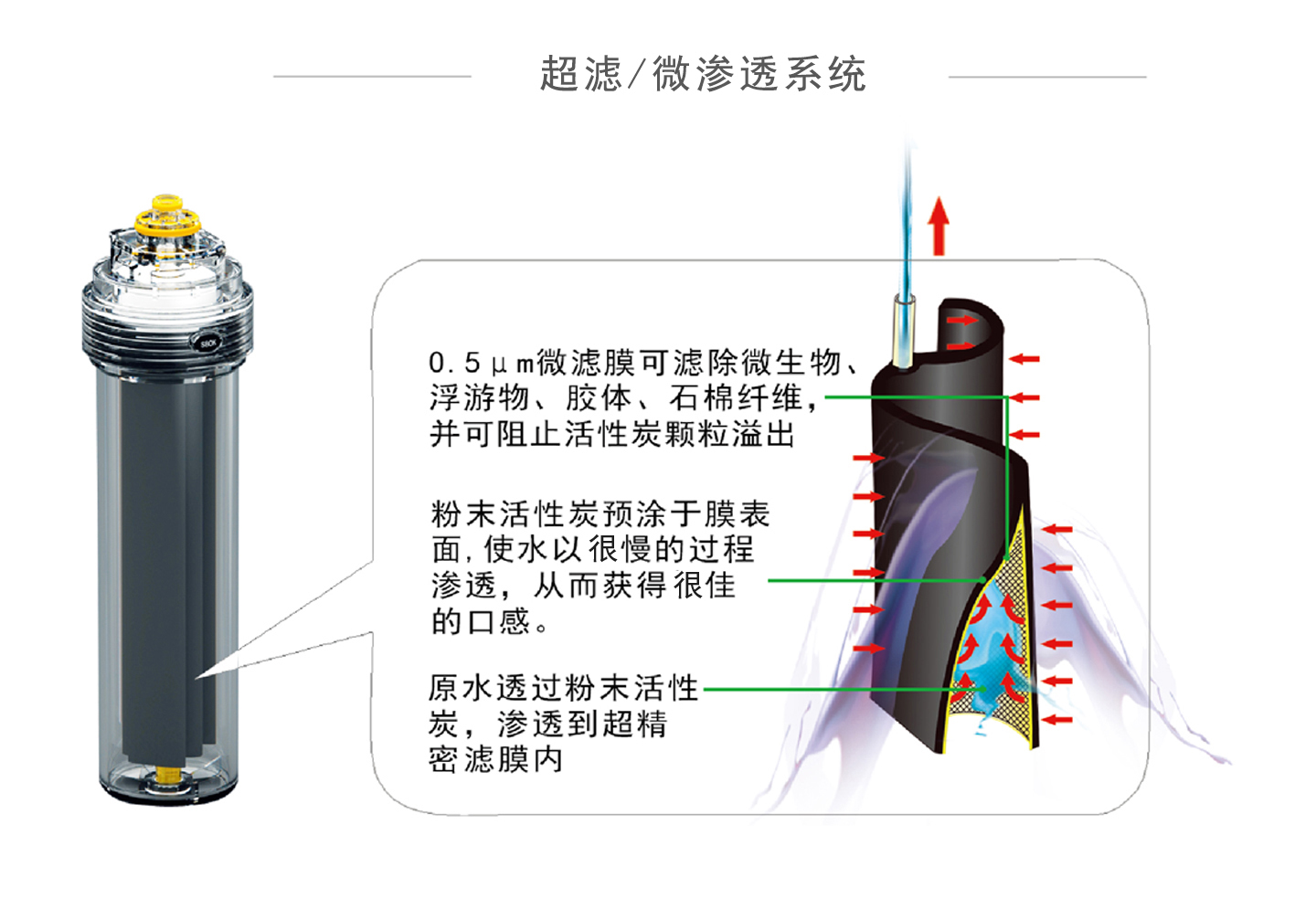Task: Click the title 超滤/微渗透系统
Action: click(x=703, y=74)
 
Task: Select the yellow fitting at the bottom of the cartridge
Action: click(x=167, y=775)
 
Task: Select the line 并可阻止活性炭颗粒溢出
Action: click(x=612, y=434)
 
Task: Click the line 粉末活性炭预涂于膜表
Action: click(x=600, y=513)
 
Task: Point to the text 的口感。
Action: click(x=490, y=622)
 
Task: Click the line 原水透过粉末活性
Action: click(x=563, y=688)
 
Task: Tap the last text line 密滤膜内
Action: click(x=495, y=760)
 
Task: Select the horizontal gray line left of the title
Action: click(x=372, y=77)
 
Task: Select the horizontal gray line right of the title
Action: click(x=1047, y=77)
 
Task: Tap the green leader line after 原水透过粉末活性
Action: click(x=822, y=689)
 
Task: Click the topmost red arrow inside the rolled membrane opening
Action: click(x=960, y=321)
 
